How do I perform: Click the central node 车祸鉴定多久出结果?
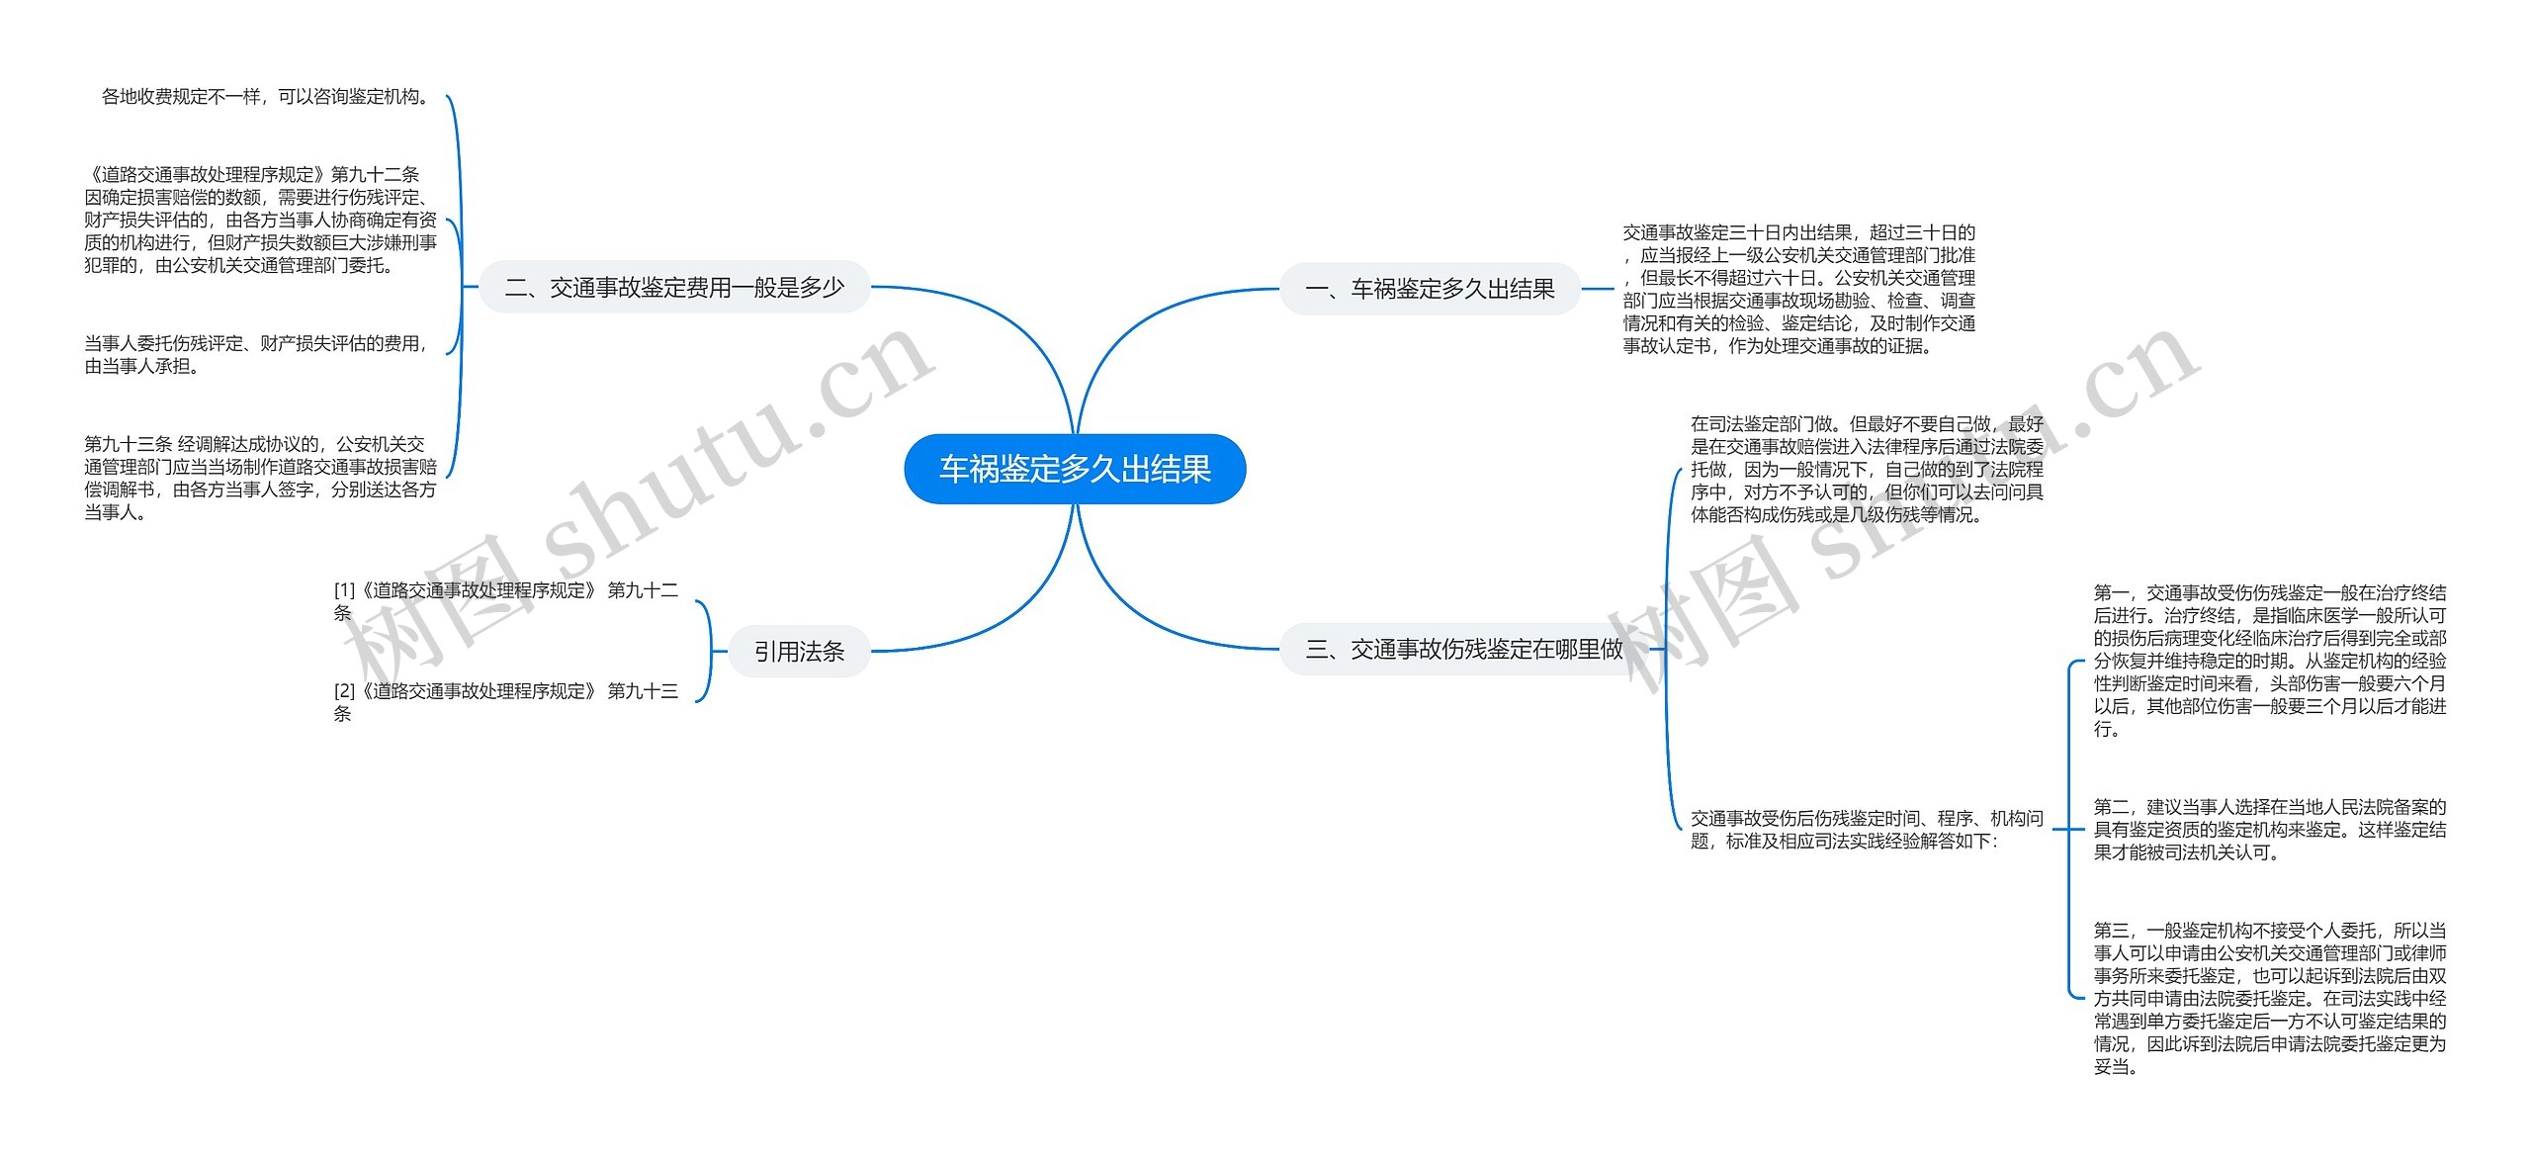point(1075,469)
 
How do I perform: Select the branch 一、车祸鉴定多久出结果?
point(1430,289)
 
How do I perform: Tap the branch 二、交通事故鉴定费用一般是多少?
point(674,287)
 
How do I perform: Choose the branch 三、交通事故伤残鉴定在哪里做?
point(1464,649)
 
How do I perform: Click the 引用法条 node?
point(799,652)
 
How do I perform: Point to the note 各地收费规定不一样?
point(265,97)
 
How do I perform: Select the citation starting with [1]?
point(505,601)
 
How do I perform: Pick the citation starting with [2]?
point(505,701)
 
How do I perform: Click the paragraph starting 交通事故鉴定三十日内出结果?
point(1798,289)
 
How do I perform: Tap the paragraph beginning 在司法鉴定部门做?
point(1867,469)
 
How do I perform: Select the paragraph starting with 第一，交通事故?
point(2269,660)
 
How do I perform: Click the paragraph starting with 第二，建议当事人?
point(2269,829)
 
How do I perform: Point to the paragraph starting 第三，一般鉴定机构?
point(2269,998)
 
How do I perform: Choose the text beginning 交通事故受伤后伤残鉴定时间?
point(1867,829)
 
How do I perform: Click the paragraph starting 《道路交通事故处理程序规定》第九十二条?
point(260,220)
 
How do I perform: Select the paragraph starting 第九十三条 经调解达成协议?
point(260,478)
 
